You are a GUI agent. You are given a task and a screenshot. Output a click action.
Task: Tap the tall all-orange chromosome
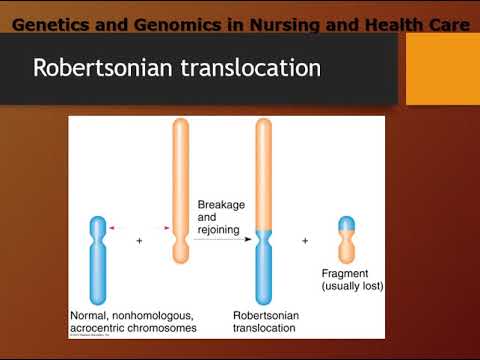180,190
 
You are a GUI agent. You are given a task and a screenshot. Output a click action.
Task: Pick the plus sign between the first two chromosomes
139,240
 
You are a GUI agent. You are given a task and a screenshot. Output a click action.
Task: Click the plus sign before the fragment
305,240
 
